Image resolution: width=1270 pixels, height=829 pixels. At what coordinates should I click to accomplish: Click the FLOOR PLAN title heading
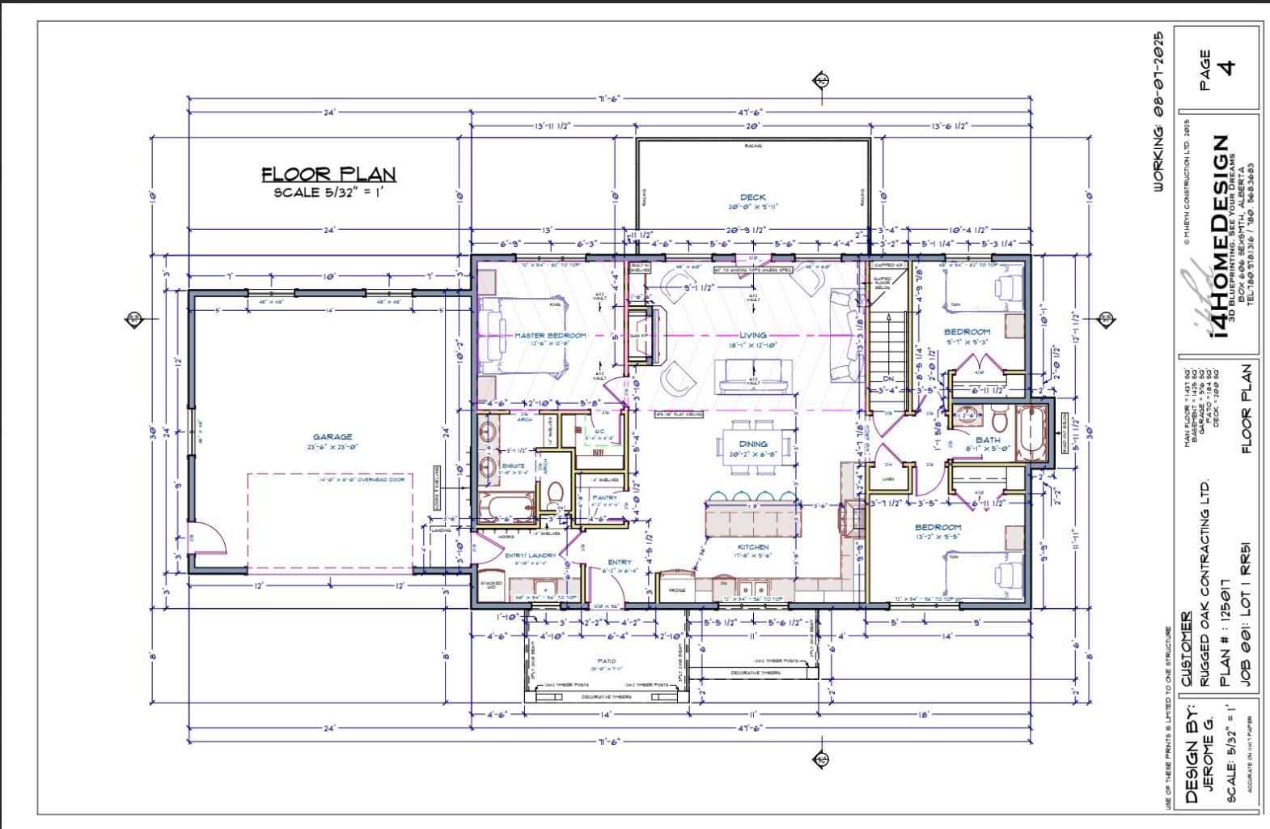click(x=328, y=174)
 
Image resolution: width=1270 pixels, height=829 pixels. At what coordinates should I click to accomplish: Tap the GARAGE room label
click(x=332, y=437)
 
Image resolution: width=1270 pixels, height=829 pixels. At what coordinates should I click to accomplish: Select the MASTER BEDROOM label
click(x=550, y=335)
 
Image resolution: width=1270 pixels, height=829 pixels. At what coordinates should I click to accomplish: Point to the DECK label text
click(x=752, y=198)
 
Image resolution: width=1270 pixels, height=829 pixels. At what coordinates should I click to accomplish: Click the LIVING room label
click(x=752, y=335)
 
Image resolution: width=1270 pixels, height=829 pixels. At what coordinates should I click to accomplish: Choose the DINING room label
click(x=752, y=444)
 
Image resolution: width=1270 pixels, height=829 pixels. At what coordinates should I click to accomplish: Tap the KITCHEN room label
click(x=752, y=547)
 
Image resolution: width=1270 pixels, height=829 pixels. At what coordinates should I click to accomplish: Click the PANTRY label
click(x=605, y=498)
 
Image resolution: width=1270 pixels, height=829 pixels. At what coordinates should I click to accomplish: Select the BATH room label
click(x=988, y=440)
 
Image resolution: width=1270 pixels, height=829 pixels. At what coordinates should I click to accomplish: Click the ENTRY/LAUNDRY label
click(x=530, y=555)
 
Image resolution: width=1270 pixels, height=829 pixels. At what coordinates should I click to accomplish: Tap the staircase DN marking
click(x=887, y=378)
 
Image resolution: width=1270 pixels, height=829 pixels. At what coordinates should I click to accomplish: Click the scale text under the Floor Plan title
click(x=328, y=193)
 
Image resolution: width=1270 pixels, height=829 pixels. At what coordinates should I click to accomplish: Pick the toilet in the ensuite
click(x=556, y=493)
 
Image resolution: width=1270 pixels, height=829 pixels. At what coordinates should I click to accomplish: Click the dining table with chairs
click(x=752, y=444)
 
